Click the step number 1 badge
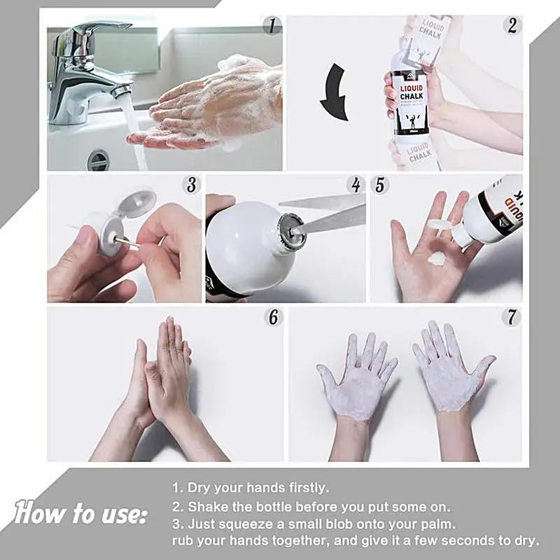click(x=272, y=27)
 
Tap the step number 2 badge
click(x=512, y=26)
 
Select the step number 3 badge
click(x=191, y=185)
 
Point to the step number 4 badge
click(x=356, y=185)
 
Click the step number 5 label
click(x=380, y=185)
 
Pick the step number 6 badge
click(x=272, y=316)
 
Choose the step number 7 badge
click(x=512, y=316)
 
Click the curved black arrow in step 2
click(x=336, y=91)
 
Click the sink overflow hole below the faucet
click(x=98, y=160)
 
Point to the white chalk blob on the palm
click(x=437, y=258)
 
